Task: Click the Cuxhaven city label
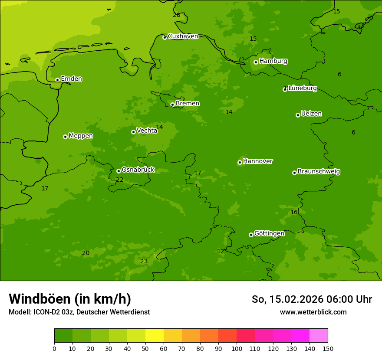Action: [183, 36]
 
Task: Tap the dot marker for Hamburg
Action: [256, 62]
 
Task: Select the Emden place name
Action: [71, 79]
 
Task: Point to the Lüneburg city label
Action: [302, 88]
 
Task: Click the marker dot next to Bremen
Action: [172, 105]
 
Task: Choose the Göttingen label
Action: [269, 234]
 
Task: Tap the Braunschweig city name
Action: [319, 172]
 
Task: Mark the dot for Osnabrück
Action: [119, 171]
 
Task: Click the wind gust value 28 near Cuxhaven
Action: [176, 15]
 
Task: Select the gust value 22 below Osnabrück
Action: [119, 180]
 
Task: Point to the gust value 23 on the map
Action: [144, 262]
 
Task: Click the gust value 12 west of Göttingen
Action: [221, 252]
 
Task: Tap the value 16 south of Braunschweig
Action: [294, 213]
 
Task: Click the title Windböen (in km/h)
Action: [70, 299]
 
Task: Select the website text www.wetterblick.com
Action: [313, 312]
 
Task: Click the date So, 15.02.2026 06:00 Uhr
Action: [312, 299]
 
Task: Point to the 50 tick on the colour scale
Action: [145, 348]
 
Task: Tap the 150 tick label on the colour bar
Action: [328, 348]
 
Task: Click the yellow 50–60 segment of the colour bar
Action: [155, 336]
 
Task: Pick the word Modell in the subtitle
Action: [20, 312]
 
